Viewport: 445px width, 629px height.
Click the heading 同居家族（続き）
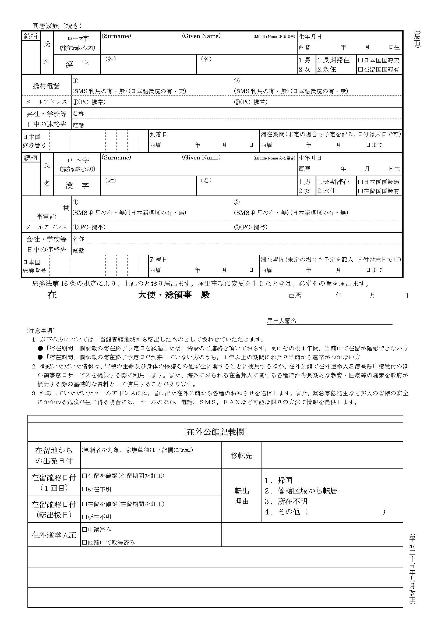tap(57, 26)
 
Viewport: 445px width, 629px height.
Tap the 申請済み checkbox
tap(85, 530)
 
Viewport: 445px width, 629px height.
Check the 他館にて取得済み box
tap(85, 542)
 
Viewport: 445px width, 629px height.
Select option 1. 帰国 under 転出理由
tap(278, 480)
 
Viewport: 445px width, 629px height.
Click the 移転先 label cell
tap(241, 456)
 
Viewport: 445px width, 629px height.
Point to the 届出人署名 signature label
tap(281, 321)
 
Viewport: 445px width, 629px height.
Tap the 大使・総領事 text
tap(165, 295)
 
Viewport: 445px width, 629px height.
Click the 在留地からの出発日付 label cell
tap(54, 456)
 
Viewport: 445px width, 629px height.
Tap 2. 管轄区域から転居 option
tap(301, 491)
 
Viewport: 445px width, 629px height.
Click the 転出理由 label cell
tap(241, 496)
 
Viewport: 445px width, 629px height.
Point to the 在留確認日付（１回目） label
tap(54, 483)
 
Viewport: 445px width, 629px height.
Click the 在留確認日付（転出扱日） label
tap(54, 510)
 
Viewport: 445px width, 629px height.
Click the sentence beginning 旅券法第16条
tap(200, 284)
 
